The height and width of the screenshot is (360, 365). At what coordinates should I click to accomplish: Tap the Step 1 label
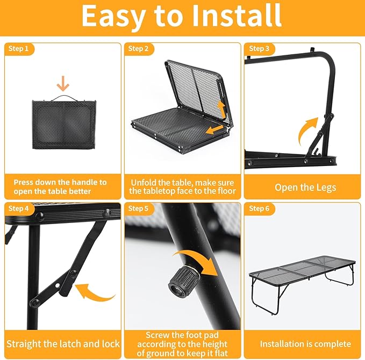(x=18, y=49)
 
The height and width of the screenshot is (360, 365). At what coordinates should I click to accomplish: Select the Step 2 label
(x=138, y=49)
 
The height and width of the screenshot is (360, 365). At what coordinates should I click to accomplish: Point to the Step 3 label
(x=259, y=49)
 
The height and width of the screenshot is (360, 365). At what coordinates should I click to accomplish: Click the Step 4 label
(x=18, y=208)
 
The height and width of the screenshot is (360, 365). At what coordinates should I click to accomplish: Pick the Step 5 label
(x=138, y=208)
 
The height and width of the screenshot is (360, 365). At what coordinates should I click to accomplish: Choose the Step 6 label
(x=259, y=208)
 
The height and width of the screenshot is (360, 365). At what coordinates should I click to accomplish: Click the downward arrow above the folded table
(x=63, y=83)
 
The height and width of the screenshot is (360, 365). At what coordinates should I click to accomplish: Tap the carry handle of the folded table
(x=64, y=98)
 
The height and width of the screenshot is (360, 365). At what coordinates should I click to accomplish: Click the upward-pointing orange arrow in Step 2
(x=222, y=110)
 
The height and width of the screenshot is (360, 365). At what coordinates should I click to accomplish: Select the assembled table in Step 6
(x=303, y=283)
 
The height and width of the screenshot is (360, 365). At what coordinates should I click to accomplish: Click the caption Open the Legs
(x=305, y=188)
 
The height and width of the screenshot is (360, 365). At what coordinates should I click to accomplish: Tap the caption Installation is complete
(x=305, y=344)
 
